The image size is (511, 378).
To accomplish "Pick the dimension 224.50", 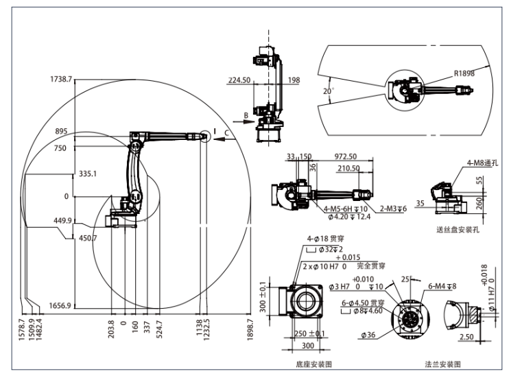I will (239, 80).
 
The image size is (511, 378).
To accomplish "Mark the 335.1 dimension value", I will (88, 174).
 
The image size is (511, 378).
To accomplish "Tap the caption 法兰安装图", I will (442, 365).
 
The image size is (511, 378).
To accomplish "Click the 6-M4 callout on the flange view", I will (442, 286).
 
